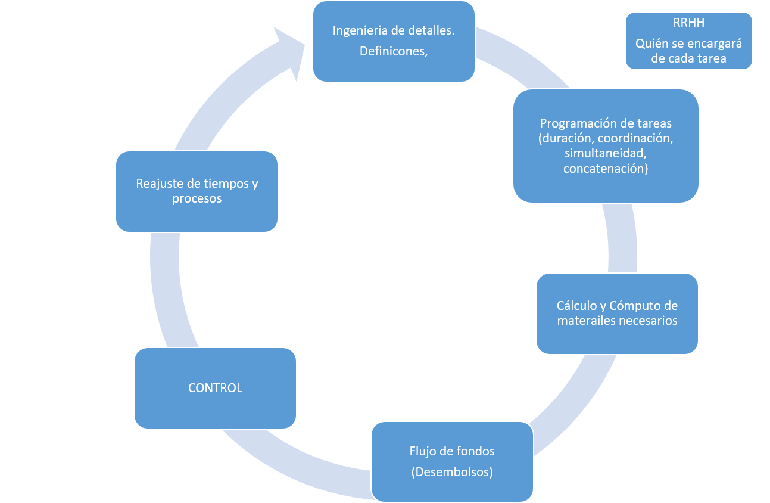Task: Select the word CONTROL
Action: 215,388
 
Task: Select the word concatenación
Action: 602,169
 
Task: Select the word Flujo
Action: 423,451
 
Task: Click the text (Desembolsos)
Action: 452,472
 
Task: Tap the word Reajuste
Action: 158,184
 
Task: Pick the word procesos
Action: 197,198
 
